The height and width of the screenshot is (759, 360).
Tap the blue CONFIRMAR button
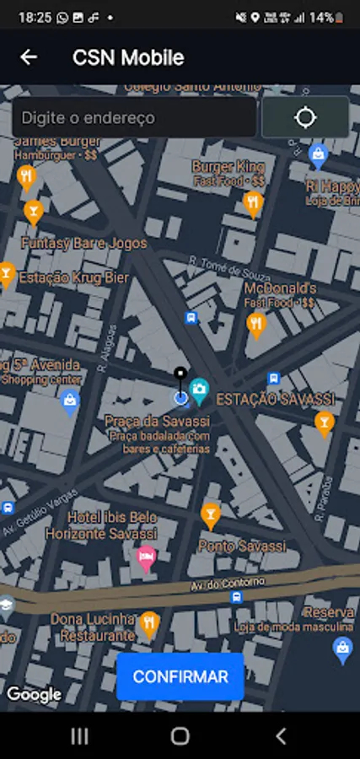(180, 676)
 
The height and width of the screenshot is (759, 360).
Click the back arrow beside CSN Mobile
(29, 57)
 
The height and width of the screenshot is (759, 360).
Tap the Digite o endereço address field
(134, 118)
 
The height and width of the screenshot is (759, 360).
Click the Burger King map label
(228, 167)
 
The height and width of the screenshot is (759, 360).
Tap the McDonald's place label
(280, 288)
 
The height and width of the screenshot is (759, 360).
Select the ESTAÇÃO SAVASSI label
(275, 398)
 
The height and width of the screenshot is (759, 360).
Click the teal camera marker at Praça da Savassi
(200, 389)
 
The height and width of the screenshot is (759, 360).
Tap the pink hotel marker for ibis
(147, 557)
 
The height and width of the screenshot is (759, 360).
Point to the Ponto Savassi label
(242, 546)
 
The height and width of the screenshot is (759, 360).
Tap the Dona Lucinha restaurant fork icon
(149, 623)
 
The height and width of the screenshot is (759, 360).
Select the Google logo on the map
(34, 695)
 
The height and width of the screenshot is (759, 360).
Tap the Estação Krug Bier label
(75, 277)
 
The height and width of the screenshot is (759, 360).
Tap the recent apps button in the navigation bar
(79, 736)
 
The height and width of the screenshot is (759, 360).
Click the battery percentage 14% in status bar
(320, 17)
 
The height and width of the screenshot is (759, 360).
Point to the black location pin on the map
(180, 376)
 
